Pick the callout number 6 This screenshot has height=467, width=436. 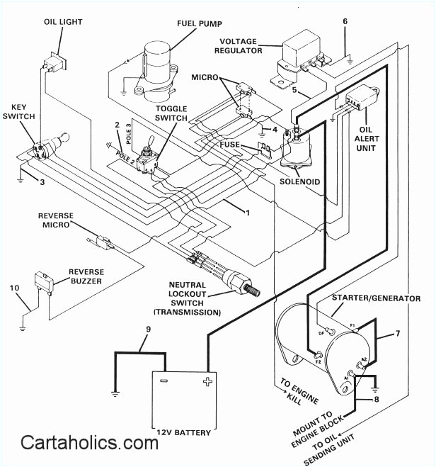[x=345, y=21]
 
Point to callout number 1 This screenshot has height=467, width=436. [x=248, y=212]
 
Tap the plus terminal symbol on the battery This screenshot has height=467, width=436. [x=207, y=382]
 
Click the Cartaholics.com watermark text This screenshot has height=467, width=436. [x=89, y=443]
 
